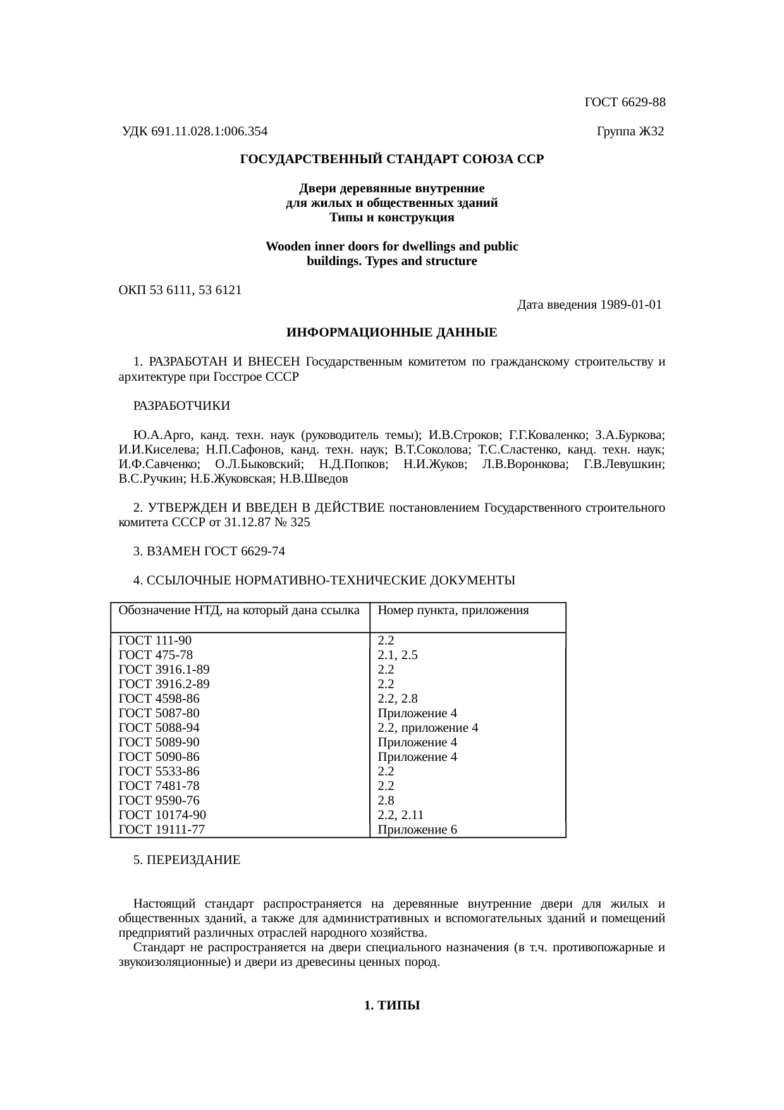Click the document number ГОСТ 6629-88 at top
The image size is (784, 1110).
click(x=625, y=102)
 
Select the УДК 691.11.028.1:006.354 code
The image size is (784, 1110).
click(x=195, y=132)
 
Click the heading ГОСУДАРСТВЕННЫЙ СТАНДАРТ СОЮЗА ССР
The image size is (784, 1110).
click(x=391, y=159)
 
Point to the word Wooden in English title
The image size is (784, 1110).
click(x=288, y=247)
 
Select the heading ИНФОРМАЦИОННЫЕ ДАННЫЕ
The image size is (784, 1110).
click(x=391, y=333)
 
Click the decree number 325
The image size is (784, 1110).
click(x=300, y=523)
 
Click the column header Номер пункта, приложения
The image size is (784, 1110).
click(x=453, y=610)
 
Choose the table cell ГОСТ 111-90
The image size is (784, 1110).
click(x=155, y=640)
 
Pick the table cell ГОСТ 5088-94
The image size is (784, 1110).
click(x=159, y=727)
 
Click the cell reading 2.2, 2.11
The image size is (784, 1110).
click(x=400, y=815)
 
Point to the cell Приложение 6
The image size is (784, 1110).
click(x=417, y=829)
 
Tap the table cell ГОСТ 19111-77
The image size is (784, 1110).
click(x=162, y=829)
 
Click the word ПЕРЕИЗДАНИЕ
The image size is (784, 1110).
click(x=193, y=860)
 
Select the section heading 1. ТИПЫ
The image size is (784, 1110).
click(x=392, y=1006)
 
